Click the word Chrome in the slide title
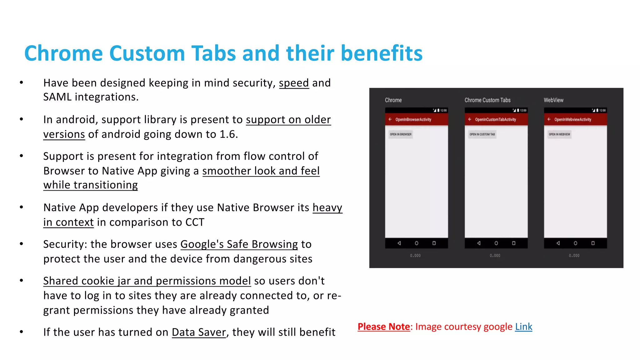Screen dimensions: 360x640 pos(63,53)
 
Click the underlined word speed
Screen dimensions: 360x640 pos(294,83)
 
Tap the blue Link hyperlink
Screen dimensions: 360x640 pos(523,327)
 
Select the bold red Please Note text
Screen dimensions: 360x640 pos(383,327)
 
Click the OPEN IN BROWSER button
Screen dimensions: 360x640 pos(401,134)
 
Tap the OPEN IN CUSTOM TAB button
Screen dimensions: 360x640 pos(482,134)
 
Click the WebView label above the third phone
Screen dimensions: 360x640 pos(553,100)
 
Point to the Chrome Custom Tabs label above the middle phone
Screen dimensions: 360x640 pos(487,100)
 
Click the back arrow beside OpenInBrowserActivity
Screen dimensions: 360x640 pos(390,119)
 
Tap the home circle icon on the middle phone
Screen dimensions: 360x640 pos(496,243)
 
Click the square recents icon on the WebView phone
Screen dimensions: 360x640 pos(593,243)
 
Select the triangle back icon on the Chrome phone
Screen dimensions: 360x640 pos(399,243)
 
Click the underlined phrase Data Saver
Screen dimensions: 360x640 pos(199,332)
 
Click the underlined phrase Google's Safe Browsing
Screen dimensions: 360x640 pos(239,244)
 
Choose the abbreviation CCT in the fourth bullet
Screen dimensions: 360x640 pos(195,222)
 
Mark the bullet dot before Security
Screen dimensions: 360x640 pos(21,244)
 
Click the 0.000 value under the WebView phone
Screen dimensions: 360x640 pos(574,256)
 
